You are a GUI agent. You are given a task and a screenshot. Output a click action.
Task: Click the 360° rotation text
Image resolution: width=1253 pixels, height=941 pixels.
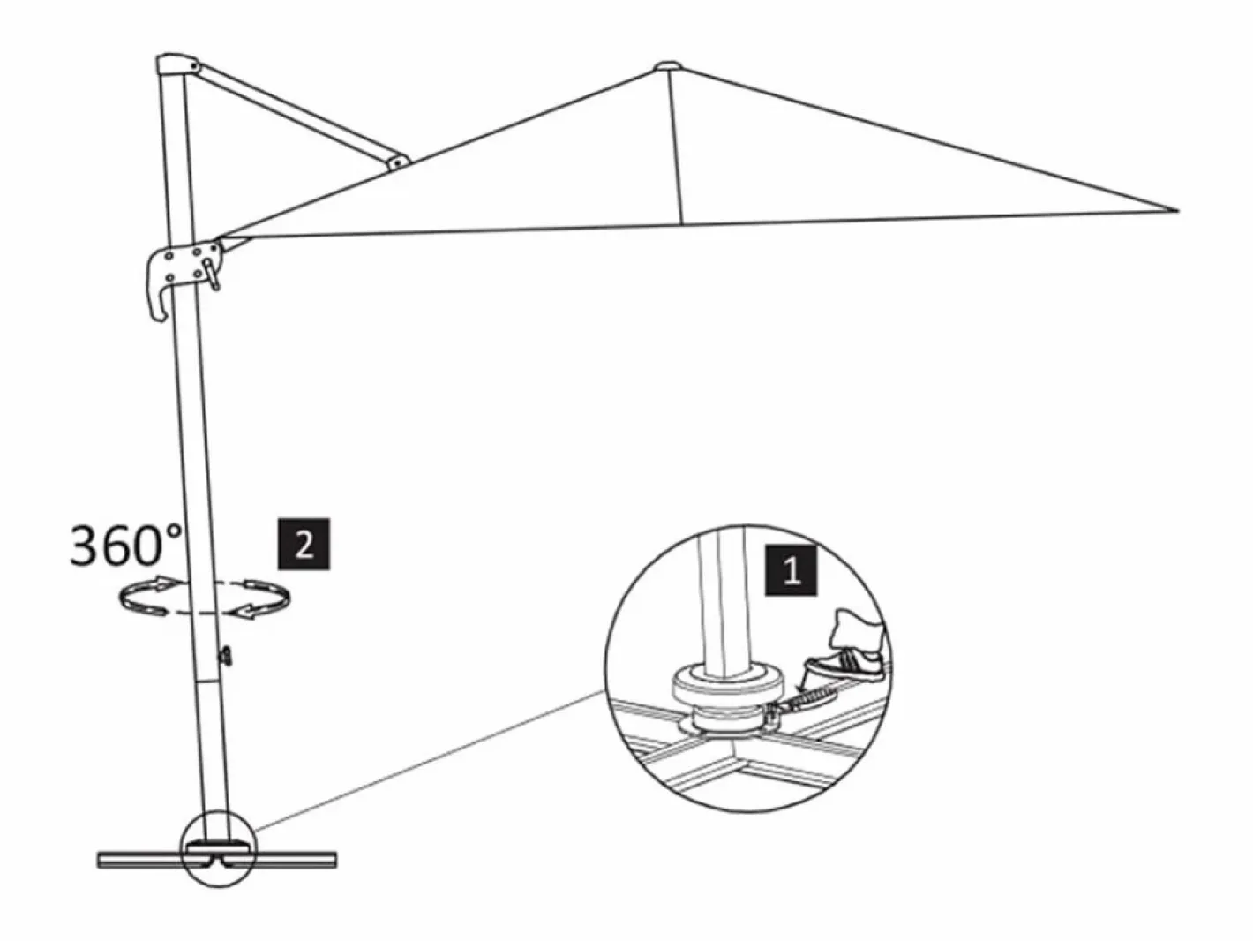click(126, 545)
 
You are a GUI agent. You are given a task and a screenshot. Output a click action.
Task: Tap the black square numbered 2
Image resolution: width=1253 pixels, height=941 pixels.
click(304, 544)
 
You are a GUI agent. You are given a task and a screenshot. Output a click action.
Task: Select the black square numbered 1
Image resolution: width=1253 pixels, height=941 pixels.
click(792, 571)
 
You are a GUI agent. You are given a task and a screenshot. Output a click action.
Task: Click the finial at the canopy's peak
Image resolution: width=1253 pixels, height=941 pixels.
click(669, 66)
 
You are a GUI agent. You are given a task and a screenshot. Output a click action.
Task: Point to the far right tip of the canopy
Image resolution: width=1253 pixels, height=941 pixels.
click(1178, 211)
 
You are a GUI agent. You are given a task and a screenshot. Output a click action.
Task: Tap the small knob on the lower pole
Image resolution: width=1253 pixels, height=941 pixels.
click(227, 656)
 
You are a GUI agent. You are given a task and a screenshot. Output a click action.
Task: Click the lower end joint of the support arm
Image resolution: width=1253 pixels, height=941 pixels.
click(398, 162)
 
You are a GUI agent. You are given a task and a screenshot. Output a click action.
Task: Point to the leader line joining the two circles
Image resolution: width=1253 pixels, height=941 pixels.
click(429, 763)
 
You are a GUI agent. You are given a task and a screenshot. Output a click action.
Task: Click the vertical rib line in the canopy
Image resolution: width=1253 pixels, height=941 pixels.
click(676, 147)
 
